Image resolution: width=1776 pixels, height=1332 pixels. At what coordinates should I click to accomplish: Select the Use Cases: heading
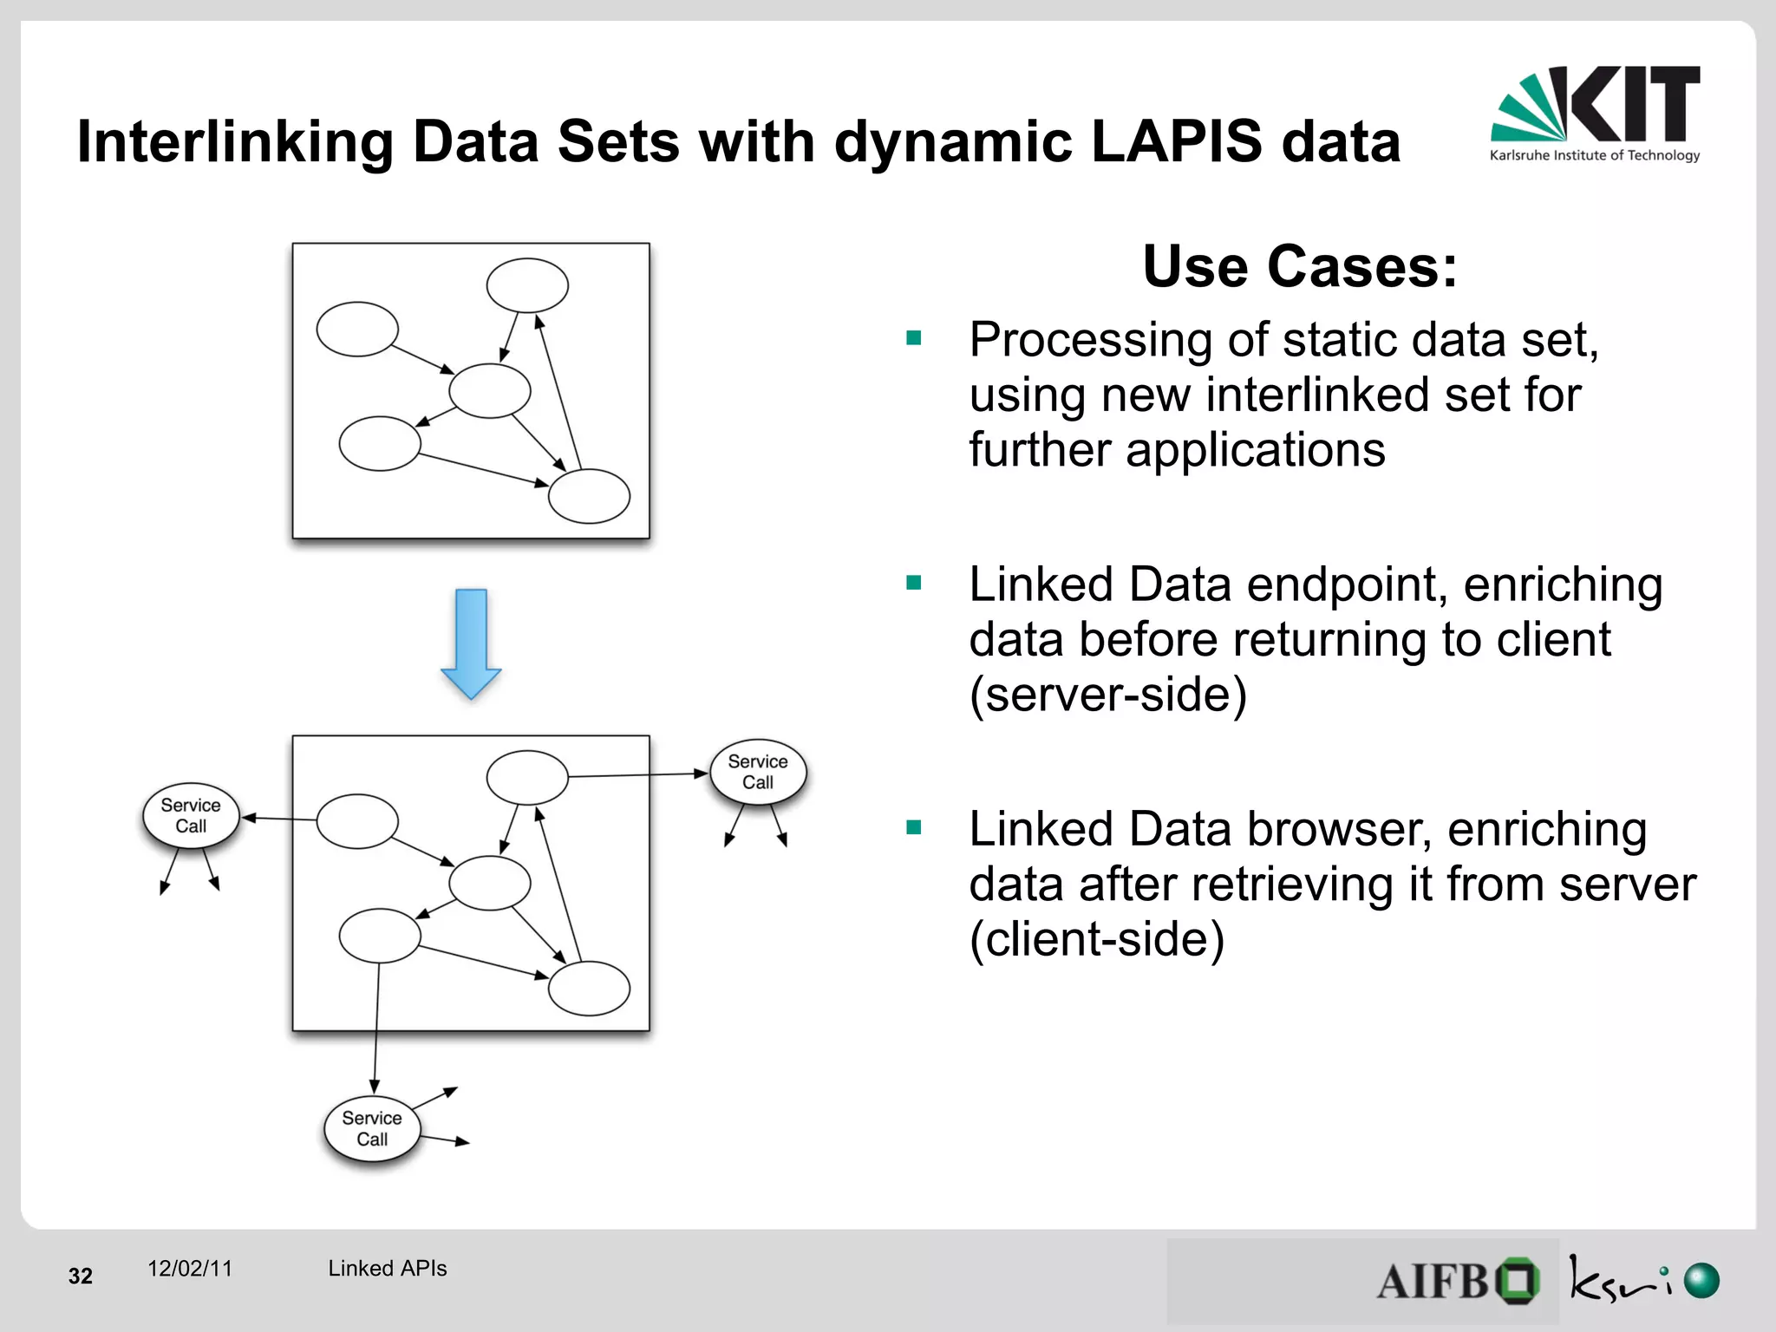coord(1300,266)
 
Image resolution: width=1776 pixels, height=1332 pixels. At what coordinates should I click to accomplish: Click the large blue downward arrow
coord(471,643)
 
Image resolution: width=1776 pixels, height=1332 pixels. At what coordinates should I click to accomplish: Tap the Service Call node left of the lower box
coord(191,815)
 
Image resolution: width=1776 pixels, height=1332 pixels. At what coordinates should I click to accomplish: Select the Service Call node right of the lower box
coord(758,772)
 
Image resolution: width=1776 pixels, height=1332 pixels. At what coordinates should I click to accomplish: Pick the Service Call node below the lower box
coord(372,1128)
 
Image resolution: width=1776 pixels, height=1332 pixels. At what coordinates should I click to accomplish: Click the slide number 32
coord(81,1276)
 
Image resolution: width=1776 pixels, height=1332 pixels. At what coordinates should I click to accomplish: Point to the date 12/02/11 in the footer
coord(190,1269)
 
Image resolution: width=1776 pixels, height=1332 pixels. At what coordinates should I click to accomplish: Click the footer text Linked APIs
coord(387,1269)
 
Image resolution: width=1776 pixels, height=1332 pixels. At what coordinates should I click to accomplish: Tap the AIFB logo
coord(1457,1281)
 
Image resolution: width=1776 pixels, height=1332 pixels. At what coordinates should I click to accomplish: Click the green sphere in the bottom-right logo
coord(1701,1281)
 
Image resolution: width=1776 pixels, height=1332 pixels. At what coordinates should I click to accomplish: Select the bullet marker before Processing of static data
coord(913,338)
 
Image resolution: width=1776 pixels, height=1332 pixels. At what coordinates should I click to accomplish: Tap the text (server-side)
coord(1107,695)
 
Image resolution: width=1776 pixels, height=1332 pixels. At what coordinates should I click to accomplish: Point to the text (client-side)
coord(1096,939)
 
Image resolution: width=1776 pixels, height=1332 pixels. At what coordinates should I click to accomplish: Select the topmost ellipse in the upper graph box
coord(527,284)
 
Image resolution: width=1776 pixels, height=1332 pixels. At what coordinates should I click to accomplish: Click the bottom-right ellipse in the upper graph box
coord(590,496)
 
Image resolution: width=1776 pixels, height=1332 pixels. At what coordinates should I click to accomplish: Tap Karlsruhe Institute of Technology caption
coord(1594,156)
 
